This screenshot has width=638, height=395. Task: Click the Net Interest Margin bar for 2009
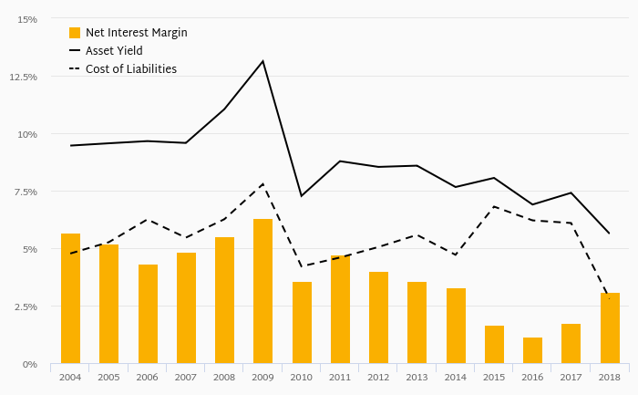[262, 291]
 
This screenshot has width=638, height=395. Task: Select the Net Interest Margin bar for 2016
[532, 350]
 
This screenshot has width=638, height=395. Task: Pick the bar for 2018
[609, 328]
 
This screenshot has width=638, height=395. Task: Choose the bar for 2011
[340, 309]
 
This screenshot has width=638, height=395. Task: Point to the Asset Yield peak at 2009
[262, 61]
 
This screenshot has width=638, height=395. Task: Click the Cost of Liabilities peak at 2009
[262, 184]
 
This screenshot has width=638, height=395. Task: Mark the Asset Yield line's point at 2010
[302, 196]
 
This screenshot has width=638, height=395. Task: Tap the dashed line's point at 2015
[494, 206]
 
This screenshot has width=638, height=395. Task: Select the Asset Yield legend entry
[114, 51]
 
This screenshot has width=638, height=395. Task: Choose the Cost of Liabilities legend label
[130, 69]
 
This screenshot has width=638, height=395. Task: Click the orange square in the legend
[75, 33]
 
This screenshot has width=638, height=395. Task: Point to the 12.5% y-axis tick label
[23, 77]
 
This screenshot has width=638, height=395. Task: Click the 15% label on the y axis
[27, 19]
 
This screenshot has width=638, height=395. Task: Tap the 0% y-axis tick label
[30, 364]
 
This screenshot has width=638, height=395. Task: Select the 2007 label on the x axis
[186, 377]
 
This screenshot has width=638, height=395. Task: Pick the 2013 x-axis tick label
[417, 377]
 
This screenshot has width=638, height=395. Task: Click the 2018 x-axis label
[609, 377]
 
